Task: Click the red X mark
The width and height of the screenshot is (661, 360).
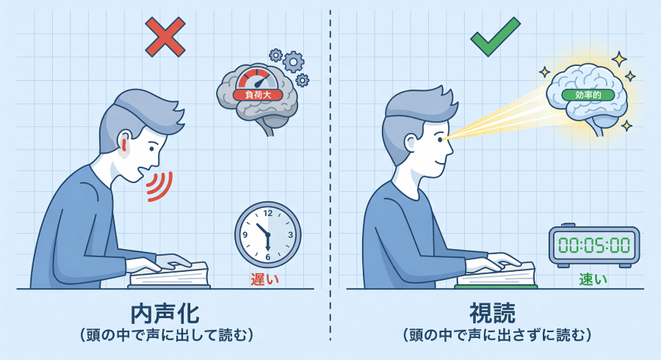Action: click(165, 37)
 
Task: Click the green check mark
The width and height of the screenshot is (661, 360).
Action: click(494, 35)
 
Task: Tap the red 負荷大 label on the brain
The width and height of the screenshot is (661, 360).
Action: click(253, 94)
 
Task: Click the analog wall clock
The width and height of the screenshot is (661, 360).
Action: click(267, 234)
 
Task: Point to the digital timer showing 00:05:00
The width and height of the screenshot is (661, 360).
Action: click(593, 245)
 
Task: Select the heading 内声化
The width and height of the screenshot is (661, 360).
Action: click(165, 313)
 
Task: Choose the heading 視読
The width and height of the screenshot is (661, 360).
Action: click(496, 313)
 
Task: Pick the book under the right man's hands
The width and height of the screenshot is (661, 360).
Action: click(496, 276)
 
